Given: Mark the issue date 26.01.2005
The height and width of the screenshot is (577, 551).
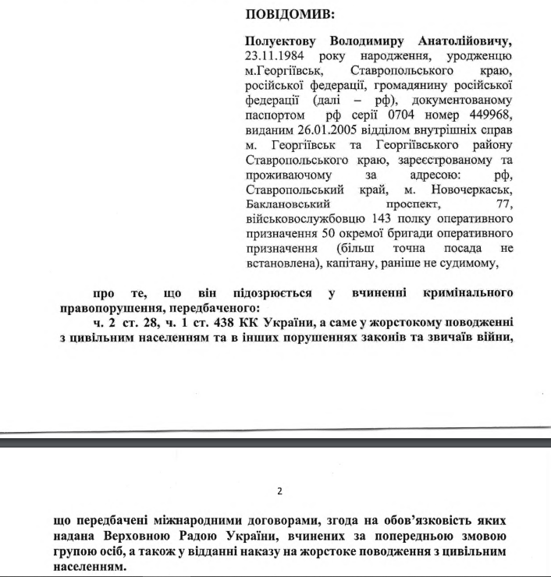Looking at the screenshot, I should [320, 130].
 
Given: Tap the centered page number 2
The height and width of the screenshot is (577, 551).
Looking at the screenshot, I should [279, 491].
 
